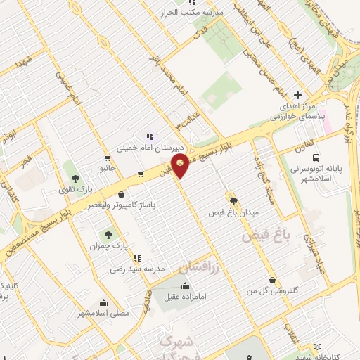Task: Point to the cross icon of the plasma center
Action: pos(297,95)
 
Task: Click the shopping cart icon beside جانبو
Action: pos(107,157)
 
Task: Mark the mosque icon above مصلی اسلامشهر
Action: pos(103,302)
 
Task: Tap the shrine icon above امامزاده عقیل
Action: pos(184,285)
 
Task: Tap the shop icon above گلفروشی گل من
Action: pos(271,279)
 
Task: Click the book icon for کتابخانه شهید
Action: pos(317,347)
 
